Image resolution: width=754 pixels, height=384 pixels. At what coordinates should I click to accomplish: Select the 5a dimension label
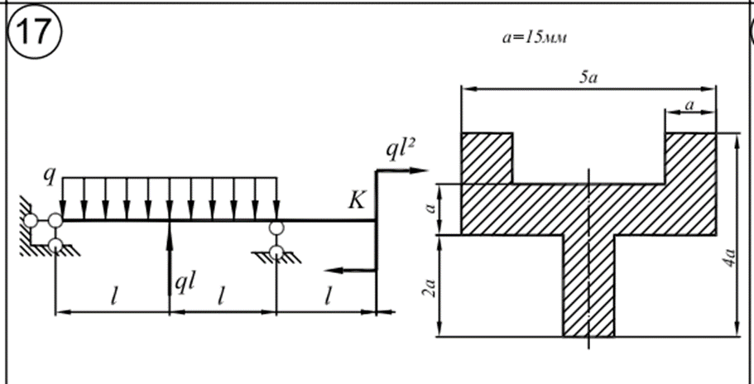tap(588, 78)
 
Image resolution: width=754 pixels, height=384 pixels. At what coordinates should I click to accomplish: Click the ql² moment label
tap(401, 149)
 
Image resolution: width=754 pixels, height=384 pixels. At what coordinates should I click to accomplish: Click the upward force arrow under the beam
tap(170, 257)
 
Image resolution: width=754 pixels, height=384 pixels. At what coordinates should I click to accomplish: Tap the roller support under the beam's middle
tap(275, 242)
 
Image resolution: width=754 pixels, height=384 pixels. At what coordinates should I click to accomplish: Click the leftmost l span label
tap(110, 296)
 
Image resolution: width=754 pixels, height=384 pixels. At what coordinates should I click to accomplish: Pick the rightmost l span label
tap(329, 296)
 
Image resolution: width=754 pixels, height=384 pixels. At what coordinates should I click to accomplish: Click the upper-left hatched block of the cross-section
tap(487, 157)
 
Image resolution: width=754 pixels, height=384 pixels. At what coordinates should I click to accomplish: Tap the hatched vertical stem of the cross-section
tap(588, 286)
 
